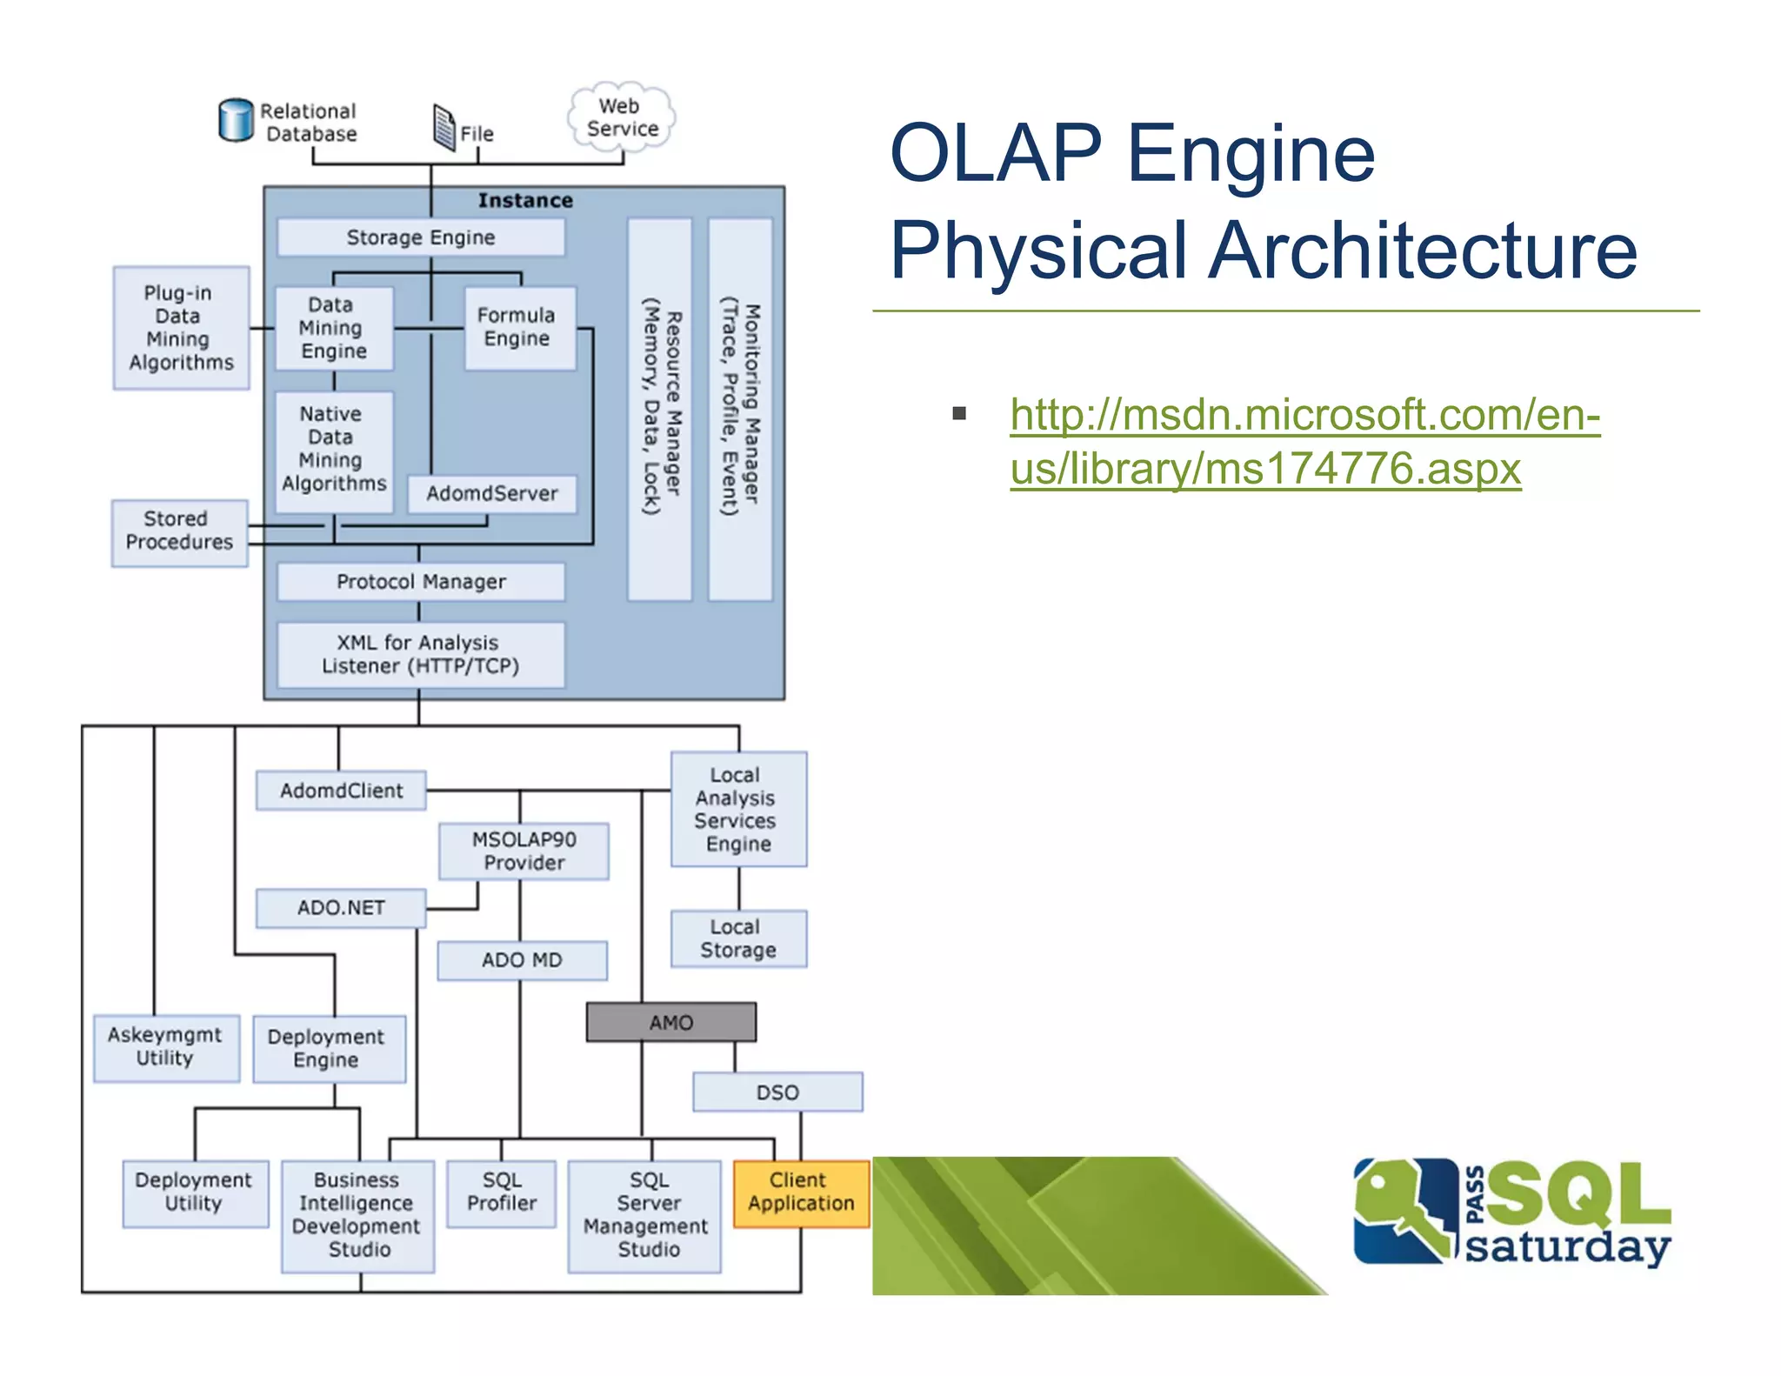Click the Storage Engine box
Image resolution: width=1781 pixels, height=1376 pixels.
421,237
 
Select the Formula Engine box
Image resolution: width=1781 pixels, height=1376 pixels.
519,328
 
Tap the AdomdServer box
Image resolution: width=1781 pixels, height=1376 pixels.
492,493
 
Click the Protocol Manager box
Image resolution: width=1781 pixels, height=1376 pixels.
421,581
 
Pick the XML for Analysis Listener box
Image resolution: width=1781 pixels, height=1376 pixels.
421,654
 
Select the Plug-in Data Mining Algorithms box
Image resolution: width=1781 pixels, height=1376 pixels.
181,328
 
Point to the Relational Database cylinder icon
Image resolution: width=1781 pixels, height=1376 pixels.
236,120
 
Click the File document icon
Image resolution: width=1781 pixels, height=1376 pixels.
444,127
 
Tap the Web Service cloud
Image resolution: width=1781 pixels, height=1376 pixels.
622,117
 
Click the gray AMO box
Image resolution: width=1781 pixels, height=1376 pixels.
670,1022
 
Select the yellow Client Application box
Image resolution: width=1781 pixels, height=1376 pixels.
801,1192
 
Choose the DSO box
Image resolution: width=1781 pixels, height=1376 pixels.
777,1092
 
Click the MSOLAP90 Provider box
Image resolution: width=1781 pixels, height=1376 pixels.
524,851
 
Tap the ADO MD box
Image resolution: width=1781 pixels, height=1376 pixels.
522,960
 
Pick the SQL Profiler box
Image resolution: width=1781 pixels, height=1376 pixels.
502,1192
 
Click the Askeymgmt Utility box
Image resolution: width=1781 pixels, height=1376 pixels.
166,1047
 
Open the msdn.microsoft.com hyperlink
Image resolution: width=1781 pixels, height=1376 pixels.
1304,415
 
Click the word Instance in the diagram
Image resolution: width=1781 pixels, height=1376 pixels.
525,201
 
